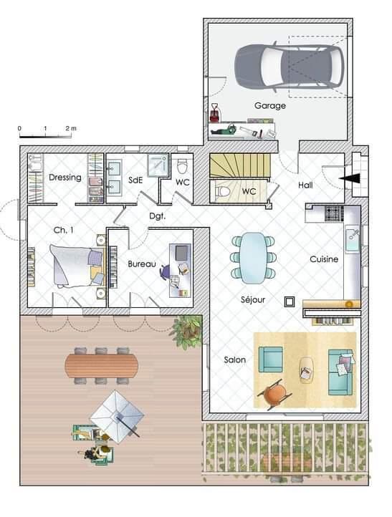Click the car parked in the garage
point(289,67)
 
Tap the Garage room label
point(270,106)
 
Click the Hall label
point(305,185)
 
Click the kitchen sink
point(352,239)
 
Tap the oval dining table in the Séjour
point(252,258)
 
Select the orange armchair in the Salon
point(274,394)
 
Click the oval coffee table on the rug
point(307,370)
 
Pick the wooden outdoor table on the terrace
point(101,366)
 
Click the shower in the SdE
point(158,165)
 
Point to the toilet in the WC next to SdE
point(182,166)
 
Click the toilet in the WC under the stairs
point(223,191)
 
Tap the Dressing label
point(65,178)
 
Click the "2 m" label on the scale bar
point(71,128)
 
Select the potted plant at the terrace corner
point(187,331)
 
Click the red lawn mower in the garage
point(215,114)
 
